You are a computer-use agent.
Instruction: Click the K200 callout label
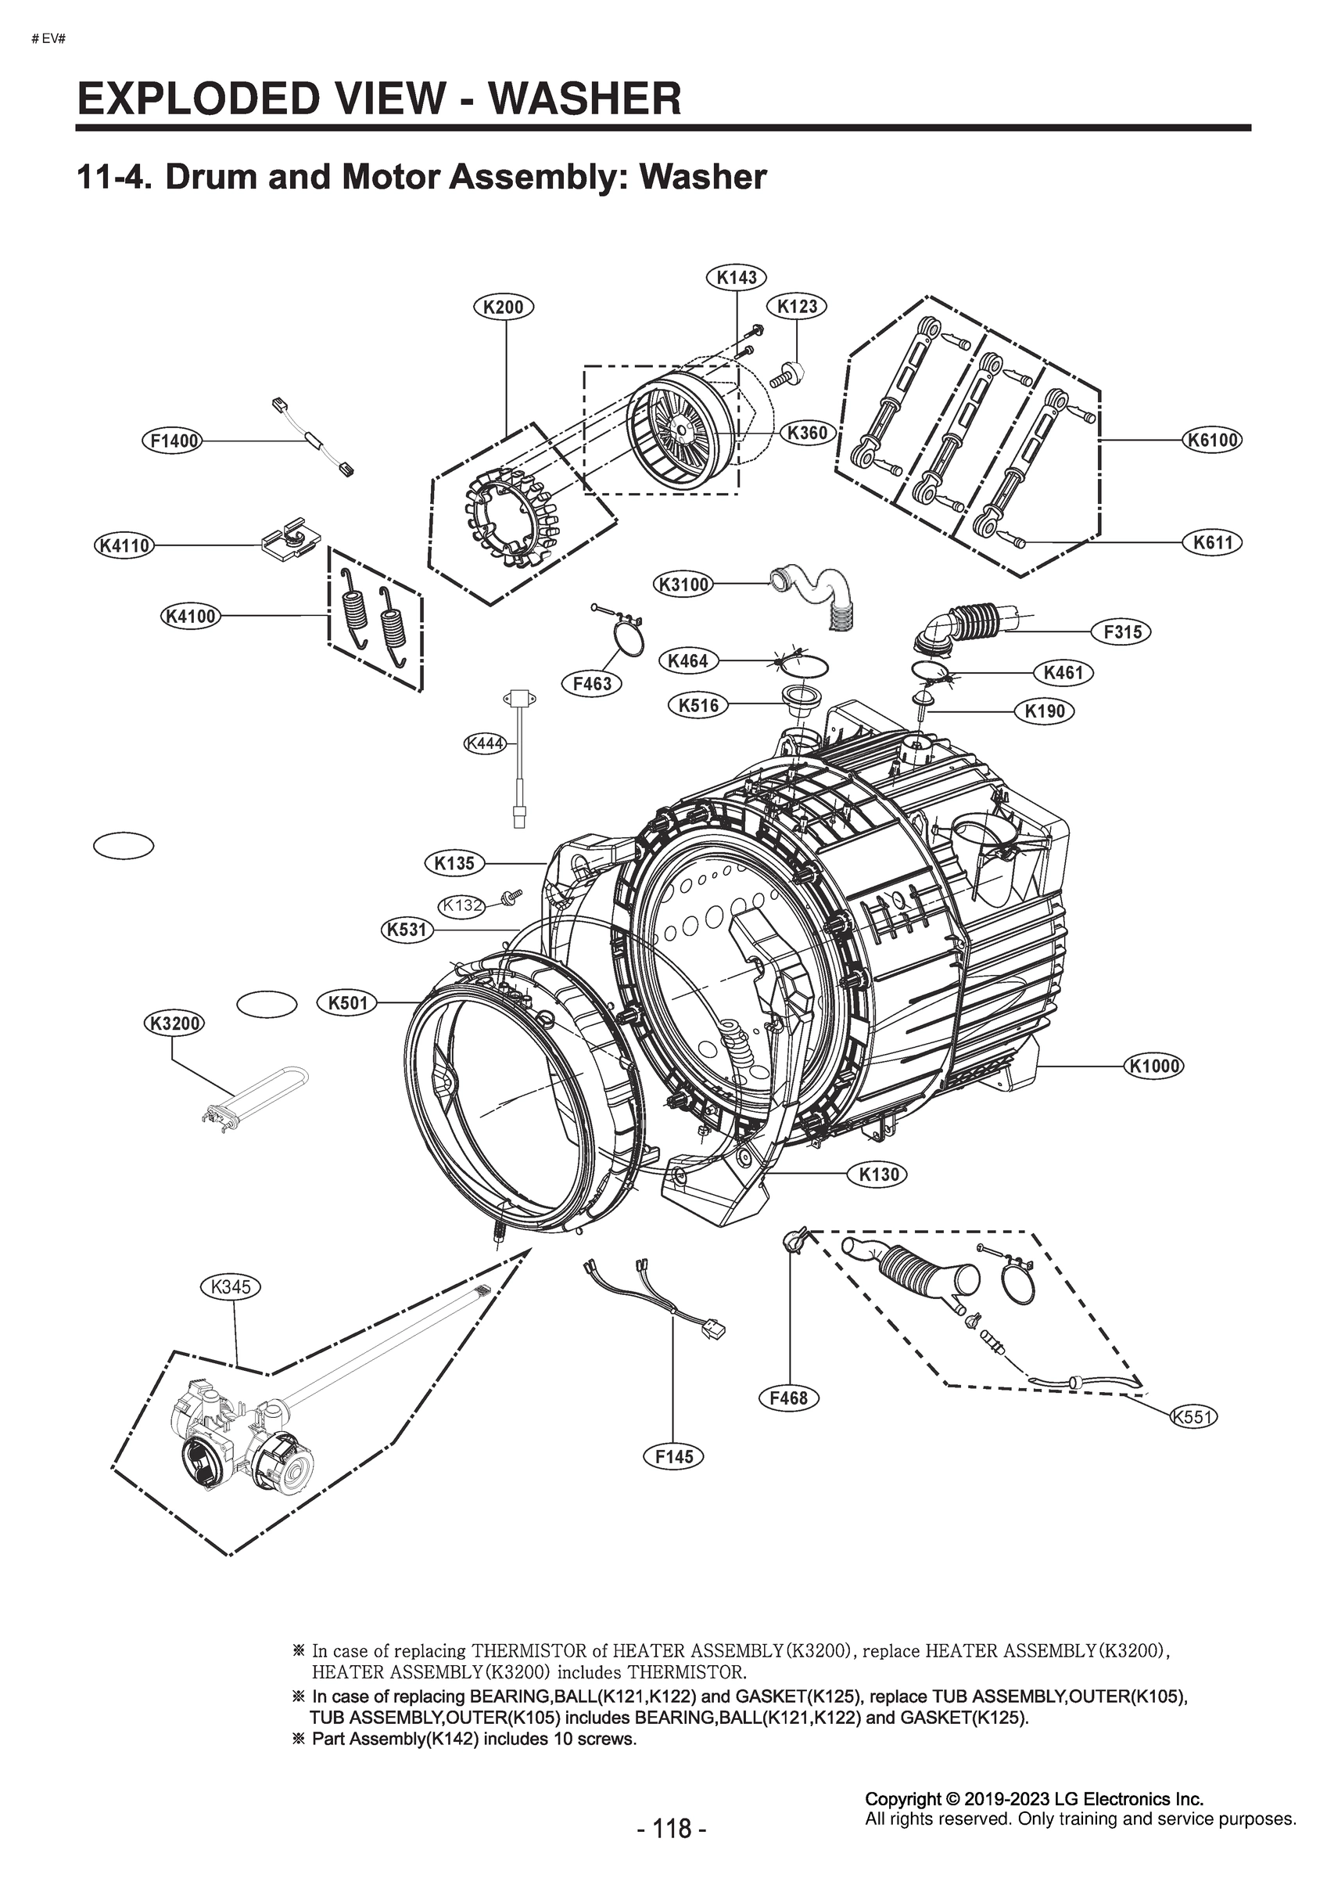(504, 308)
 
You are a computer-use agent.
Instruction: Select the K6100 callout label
(1213, 440)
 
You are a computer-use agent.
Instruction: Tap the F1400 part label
(174, 441)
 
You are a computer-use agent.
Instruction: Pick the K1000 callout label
(1154, 1066)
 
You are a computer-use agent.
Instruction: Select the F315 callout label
(1122, 631)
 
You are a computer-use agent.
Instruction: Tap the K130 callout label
(878, 1175)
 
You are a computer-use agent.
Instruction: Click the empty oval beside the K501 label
(267, 1005)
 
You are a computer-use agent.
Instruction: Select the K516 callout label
(698, 704)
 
